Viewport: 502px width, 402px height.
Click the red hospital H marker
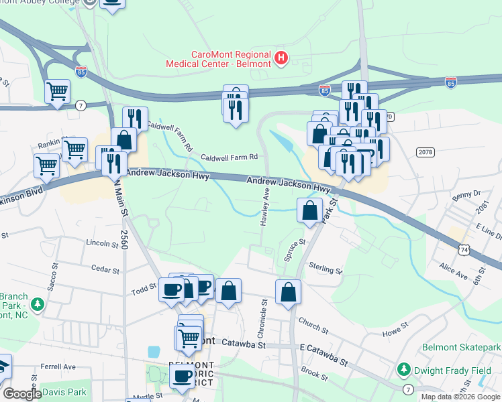coord(281,59)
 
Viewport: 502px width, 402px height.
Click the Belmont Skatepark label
coord(461,347)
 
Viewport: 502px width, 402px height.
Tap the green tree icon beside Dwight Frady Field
coord(403,369)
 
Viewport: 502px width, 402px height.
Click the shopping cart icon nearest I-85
coord(57,90)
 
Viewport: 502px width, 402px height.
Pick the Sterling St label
coord(325,269)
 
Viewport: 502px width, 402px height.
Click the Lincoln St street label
coord(102,243)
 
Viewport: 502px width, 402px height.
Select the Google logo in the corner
coord(22,394)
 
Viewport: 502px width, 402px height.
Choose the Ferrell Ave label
coord(58,366)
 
